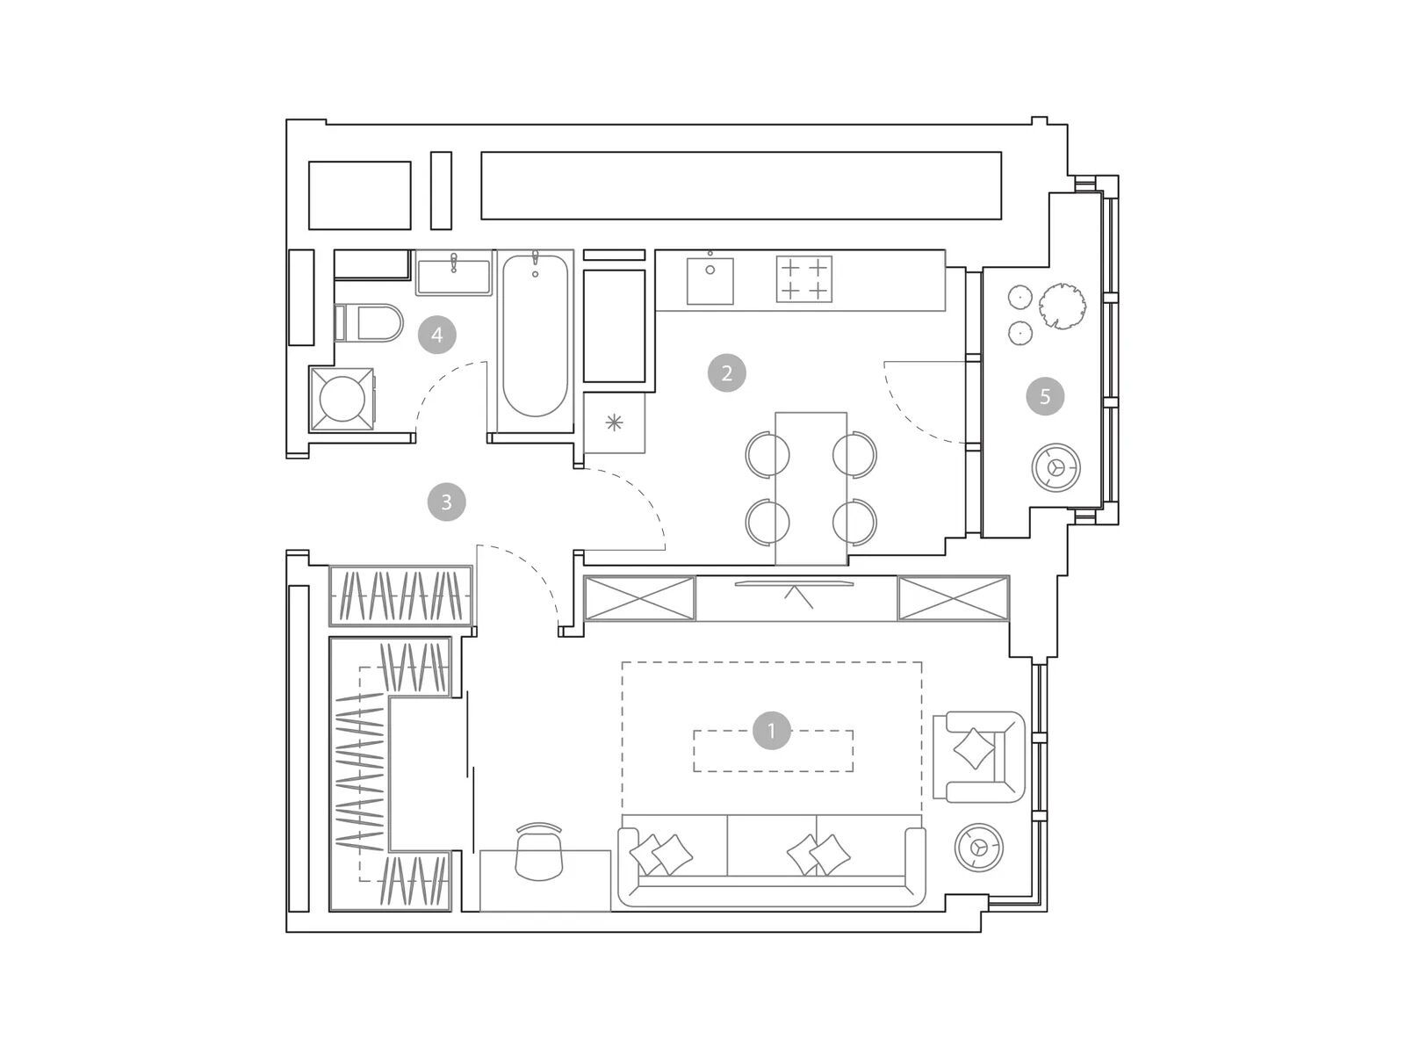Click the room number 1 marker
tap(771, 730)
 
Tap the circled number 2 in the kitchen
tap(726, 372)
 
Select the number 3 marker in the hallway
tap(446, 502)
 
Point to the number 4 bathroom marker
tap(437, 335)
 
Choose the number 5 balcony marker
tap(1045, 397)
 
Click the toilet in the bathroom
tap(368, 323)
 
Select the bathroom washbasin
tap(454, 273)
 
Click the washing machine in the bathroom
tap(342, 399)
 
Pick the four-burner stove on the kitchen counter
tap(804, 278)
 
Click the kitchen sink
tap(710, 280)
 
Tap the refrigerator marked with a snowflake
tap(614, 423)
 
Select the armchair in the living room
tap(979, 756)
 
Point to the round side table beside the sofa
tap(979, 848)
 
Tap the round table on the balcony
tap(1056, 467)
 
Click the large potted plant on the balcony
tap(1063, 306)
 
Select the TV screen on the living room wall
tap(794, 583)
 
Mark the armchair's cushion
tap(974, 748)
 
